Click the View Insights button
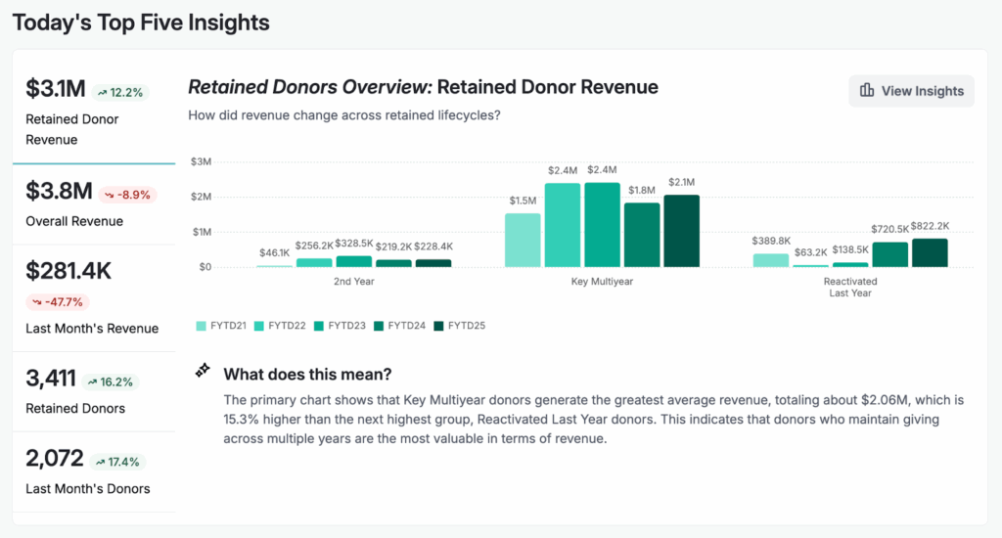[911, 91]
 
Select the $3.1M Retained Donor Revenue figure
[55, 90]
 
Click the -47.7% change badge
[55, 301]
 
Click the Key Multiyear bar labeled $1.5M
[523, 241]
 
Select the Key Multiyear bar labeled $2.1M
[681, 231]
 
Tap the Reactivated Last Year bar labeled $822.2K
[930, 253]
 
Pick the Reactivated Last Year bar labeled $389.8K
[771, 260]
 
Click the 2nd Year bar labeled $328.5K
[353, 261]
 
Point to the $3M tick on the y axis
[200, 161]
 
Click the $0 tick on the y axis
[203, 267]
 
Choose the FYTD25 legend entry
[459, 325]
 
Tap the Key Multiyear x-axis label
[602, 281]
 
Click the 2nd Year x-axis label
[353, 281]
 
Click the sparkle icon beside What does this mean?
[203, 371]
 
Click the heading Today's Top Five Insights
[141, 22]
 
